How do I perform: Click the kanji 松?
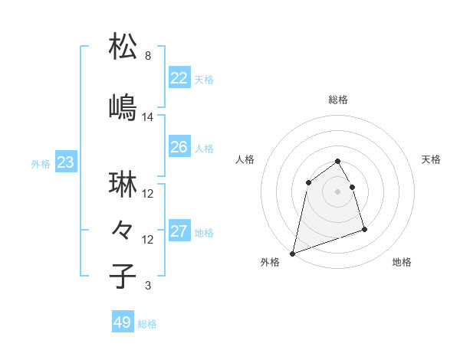coord(123,47)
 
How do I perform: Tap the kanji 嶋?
coord(123,106)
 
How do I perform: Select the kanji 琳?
coord(123,185)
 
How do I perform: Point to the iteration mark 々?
coord(123,229)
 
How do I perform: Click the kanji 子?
coord(123,275)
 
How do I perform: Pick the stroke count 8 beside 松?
coord(147,57)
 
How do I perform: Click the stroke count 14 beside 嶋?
coord(148,117)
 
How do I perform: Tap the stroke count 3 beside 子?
coord(147,286)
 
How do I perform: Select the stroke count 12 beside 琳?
coord(148,194)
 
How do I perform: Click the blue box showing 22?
coord(179,78)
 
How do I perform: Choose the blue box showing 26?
coord(179,147)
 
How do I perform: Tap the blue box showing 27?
coord(179,231)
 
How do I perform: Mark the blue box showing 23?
coord(65,162)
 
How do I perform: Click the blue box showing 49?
coord(123,322)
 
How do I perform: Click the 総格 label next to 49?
coord(148,324)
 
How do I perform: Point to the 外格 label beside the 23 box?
coord(41,164)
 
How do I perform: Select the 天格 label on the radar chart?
coord(432,159)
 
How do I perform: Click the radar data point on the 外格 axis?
coord(292,253)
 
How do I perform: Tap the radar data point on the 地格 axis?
coord(364,229)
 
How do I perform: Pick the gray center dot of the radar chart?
coord(337,191)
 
